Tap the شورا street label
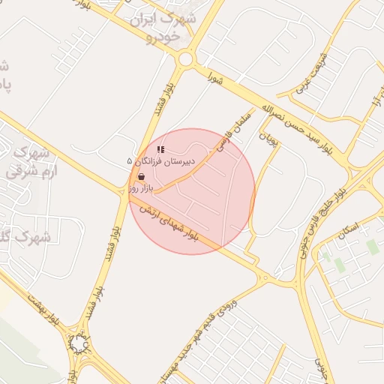tap(217, 77)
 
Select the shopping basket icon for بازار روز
tap(141, 177)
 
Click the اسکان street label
tap(349, 229)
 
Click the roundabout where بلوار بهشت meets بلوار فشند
tap(79, 343)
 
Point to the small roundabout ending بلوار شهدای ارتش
tap(264, 278)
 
